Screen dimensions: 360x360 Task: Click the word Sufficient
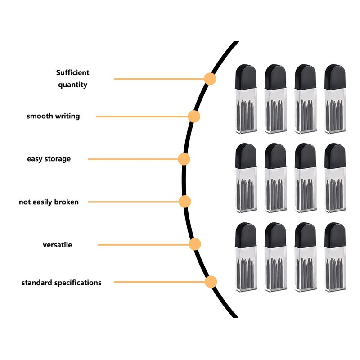(73, 72)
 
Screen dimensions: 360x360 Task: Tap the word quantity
(72, 85)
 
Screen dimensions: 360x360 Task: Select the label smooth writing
(53, 116)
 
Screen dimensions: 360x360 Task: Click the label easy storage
(49, 159)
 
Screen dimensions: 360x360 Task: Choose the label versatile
(58, 245)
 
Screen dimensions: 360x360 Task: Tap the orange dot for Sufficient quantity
(210, 79)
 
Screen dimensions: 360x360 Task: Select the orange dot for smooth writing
(194, 117)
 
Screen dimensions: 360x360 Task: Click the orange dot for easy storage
(184, 159)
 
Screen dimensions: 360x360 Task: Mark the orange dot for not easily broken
(185, 202)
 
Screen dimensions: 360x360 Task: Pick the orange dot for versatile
(195, 244)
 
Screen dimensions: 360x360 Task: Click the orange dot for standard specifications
(211, 282)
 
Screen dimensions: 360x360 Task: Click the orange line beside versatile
(144, 245)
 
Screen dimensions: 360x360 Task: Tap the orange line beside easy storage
(133, 159)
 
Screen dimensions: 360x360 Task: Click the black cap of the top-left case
(246, 76)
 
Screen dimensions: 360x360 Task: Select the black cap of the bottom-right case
(335, 235)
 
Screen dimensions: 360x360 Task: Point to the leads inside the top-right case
(335, 114)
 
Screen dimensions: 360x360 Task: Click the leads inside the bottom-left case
(246, 273)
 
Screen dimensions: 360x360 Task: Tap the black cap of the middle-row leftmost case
(246, 156)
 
